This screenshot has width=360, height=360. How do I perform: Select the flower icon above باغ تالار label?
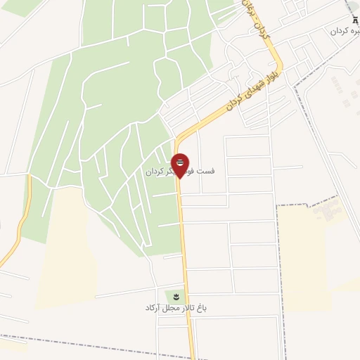(x=176, y=295)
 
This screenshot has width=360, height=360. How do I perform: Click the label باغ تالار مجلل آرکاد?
(x=177, y=308)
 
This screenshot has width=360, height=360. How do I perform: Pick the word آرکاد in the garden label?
(x=154, y=308)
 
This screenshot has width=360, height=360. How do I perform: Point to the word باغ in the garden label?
(x=202, y=308)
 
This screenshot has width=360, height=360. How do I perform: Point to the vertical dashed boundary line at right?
(x=278, y=281)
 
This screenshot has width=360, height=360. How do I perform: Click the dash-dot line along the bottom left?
(x=70, y=341)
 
